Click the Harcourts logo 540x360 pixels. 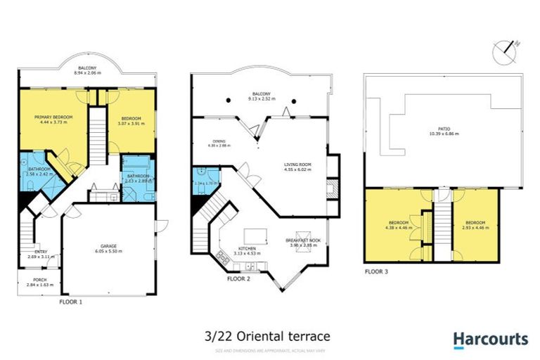point(490,340)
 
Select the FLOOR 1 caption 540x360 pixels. point(71,301)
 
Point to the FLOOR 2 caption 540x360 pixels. point(238,278)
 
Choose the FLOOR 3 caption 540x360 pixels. point(376,271)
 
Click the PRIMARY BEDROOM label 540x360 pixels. point(53,117)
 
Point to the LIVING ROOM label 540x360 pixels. point(297,163)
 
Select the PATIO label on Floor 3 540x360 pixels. point(444,128)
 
